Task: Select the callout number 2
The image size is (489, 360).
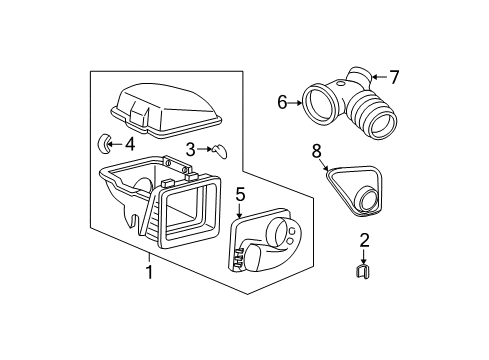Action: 336,240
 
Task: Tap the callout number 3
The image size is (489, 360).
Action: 189,149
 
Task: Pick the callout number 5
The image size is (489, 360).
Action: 239,194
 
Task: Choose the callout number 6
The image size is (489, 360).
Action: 283,102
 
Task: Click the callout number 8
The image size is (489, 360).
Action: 317,151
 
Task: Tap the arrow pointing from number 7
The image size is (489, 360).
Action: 378,76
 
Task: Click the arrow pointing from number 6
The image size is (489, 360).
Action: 297,102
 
